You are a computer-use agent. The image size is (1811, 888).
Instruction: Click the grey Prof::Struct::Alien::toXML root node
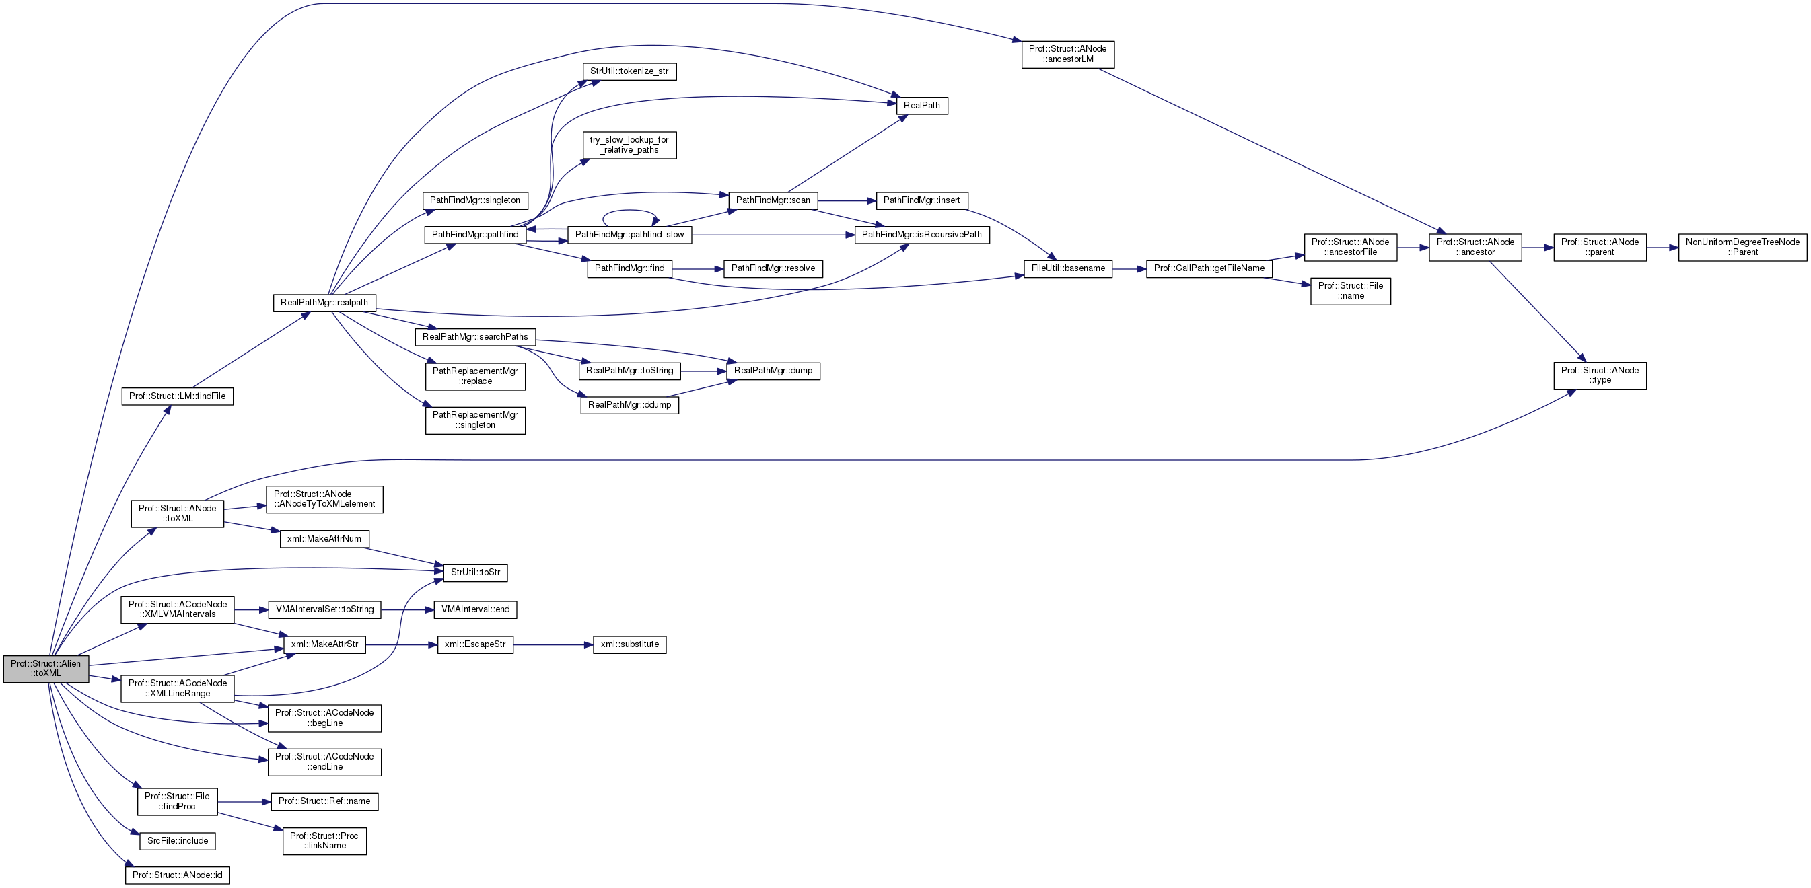click(46, 668)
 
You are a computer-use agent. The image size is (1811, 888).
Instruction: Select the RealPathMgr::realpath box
click(324, 303)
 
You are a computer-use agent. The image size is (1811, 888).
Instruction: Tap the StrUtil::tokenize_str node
click(629, 72)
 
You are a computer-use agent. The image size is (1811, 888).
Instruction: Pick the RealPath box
click(922, 106)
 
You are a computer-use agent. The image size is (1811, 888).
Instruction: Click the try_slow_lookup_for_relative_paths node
click(629, 145)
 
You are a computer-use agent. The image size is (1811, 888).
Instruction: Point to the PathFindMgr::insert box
click(922, 200)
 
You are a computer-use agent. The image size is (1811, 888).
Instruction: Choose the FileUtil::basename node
click(1067, 268)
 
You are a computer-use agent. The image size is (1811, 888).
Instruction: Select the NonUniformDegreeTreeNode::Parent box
click(1742, 248)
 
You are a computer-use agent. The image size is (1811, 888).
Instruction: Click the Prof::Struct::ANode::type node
click(1600, 375)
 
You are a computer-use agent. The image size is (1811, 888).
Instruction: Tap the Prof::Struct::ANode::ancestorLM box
click(1067, 54)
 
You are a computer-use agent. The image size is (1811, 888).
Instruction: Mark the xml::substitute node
click(629, 644)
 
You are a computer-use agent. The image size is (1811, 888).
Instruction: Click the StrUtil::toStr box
click(475, 572)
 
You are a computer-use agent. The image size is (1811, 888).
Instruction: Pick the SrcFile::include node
click(177, 841)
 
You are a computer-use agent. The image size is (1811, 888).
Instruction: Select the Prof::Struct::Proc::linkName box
click(324, 840)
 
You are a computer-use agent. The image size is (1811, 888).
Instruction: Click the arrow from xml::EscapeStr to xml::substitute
click(553, 644)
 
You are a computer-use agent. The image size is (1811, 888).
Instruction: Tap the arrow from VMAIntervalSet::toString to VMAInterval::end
click(407, 609)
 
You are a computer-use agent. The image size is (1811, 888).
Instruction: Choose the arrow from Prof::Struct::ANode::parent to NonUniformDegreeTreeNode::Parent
click(1662, 248)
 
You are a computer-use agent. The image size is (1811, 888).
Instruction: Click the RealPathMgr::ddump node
click(629, 405)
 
